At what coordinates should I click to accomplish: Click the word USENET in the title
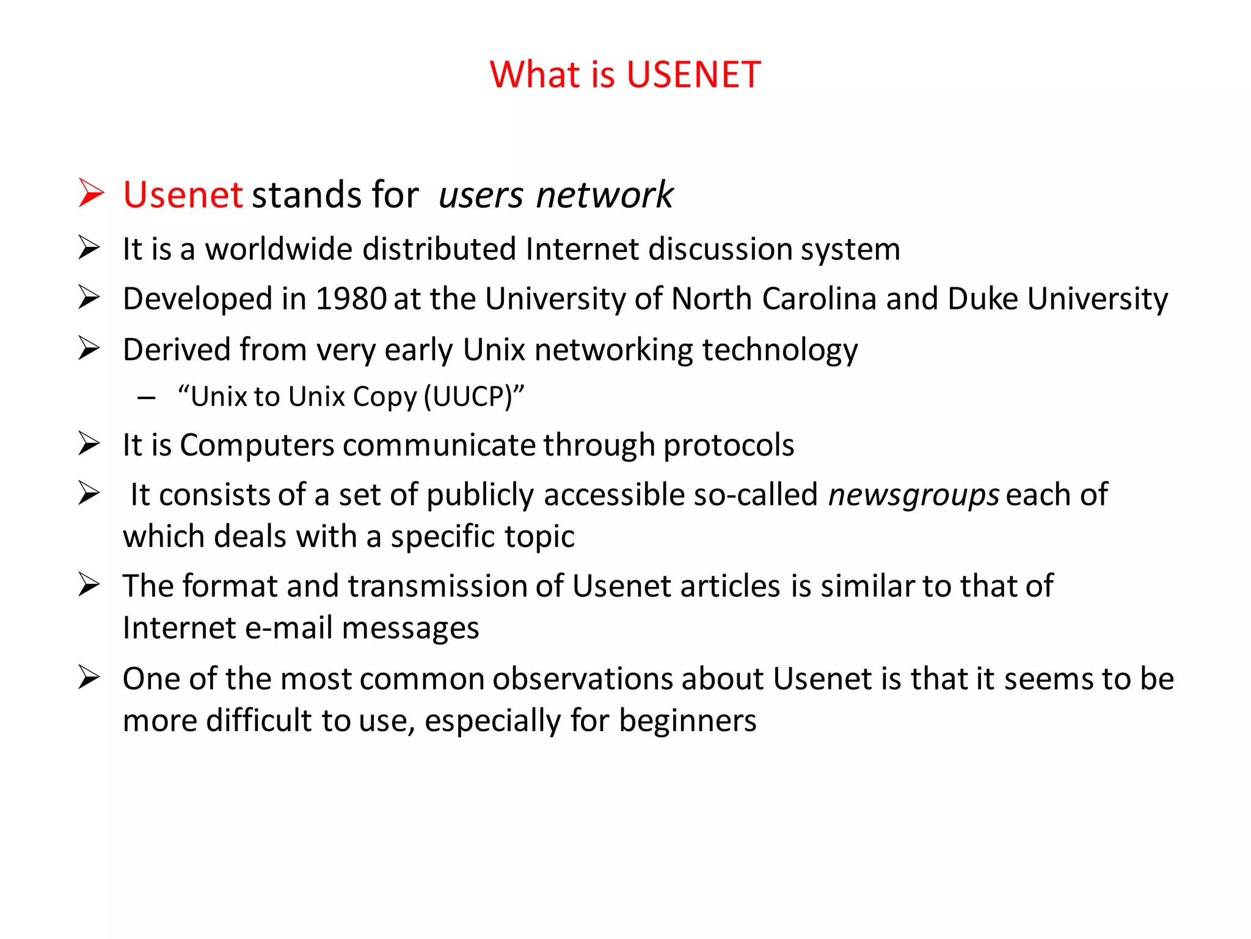coord(693,75)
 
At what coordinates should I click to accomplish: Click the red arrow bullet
coord(92,193)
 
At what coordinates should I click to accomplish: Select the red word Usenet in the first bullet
coord(183,195)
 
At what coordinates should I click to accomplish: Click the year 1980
coord(351,299)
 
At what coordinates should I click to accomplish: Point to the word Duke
coord(983,299)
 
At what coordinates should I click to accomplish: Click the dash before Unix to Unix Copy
coord(147,399)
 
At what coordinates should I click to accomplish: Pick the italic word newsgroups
coord(913,495)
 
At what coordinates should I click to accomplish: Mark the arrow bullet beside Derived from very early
coord(89,348)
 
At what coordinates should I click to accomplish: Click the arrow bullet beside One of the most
coord(89,677)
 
